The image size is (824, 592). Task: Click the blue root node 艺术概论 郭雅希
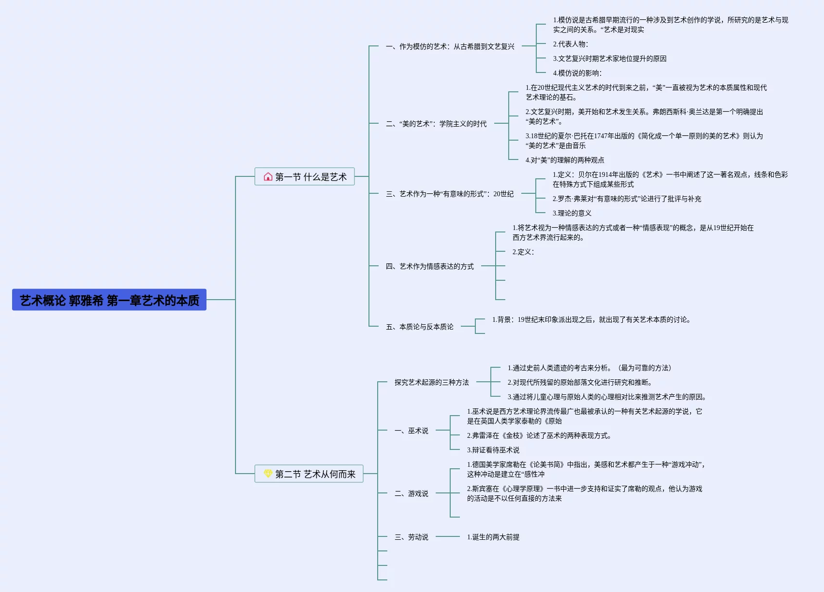tap(109, 300)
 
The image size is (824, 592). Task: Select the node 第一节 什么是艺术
tap(305, 177)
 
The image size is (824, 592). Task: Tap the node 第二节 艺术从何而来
tap(309, 474)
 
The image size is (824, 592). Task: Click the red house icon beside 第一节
tap(268, 177)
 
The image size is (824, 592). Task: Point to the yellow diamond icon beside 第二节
tap(268, 474)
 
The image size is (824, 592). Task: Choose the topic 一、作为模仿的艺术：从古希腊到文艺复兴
tap(450, 46)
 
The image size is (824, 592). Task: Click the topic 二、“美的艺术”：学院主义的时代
tap(436, 124)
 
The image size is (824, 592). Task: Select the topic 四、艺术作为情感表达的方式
tap(429, 266)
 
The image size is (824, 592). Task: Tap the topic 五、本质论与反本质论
tap(419, 327)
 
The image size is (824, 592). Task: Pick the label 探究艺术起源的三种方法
tap(431, 382)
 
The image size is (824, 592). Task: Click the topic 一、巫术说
tap(411, 431)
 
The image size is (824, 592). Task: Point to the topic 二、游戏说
tap(411, 493)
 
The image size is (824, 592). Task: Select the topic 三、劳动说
tap(411, 537)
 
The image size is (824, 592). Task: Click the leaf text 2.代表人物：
tap(571, 44)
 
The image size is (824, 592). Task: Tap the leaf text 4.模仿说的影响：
tap(577, 73)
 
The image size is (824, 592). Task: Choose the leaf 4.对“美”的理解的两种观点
tap(565, 160)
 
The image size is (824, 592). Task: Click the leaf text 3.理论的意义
tap(572, 213)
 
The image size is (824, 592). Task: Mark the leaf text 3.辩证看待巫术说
tap(493, 450)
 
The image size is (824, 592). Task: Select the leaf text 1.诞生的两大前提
tap(493, 537)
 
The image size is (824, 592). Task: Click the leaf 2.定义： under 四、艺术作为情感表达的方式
tap(523, 252)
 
